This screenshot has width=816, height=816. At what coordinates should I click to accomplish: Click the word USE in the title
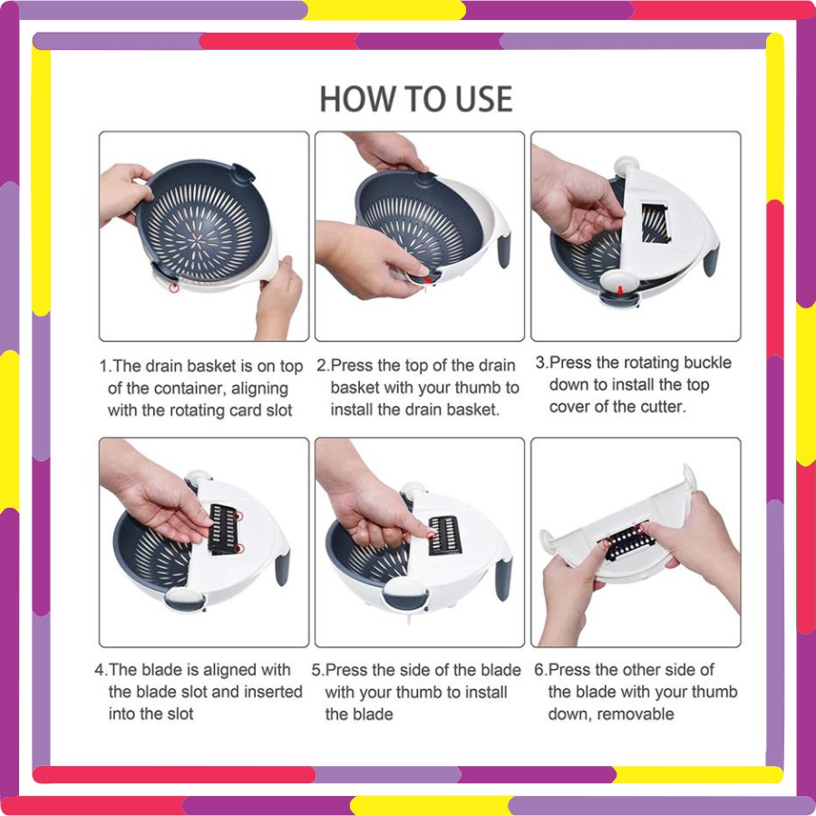[x=483, y=99]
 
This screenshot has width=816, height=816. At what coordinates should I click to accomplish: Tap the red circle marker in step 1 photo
[x=174, y=287]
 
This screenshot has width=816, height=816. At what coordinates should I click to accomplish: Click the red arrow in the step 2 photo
[x=428, y=280]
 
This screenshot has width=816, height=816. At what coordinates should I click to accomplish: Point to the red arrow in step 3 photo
[x=620, y=289]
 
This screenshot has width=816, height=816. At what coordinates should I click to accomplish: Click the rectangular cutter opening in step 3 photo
[x=655, y=224]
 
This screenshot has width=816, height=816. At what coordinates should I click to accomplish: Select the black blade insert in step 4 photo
[x=224, y=529]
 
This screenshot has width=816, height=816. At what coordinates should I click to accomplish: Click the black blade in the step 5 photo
[x=445, y=536]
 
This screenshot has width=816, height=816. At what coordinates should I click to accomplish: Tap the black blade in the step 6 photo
[x=627, y=542]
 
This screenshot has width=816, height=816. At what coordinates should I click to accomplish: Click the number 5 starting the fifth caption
[x=316, y=670]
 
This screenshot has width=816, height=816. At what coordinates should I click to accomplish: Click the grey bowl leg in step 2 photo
[x=503, y=252]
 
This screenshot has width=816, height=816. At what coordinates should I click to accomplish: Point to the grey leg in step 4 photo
[x=282, y=569]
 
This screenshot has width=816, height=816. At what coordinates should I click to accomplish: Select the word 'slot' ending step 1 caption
[x=279, y=410]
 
